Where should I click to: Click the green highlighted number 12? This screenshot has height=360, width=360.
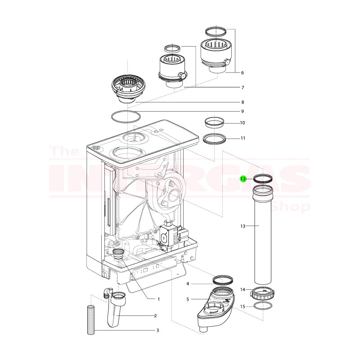[243, 179]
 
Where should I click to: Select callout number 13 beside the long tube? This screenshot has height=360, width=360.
[243, 226]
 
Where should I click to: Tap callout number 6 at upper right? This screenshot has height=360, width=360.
[243, 72]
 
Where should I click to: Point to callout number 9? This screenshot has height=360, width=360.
[242, 111]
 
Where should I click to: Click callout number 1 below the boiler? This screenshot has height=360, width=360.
[158, 299]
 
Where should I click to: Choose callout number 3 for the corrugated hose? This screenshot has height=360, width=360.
[157, 331]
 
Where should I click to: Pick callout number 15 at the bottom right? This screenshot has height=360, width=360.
[242, 306]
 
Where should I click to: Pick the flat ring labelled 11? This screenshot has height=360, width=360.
[214, 138]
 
